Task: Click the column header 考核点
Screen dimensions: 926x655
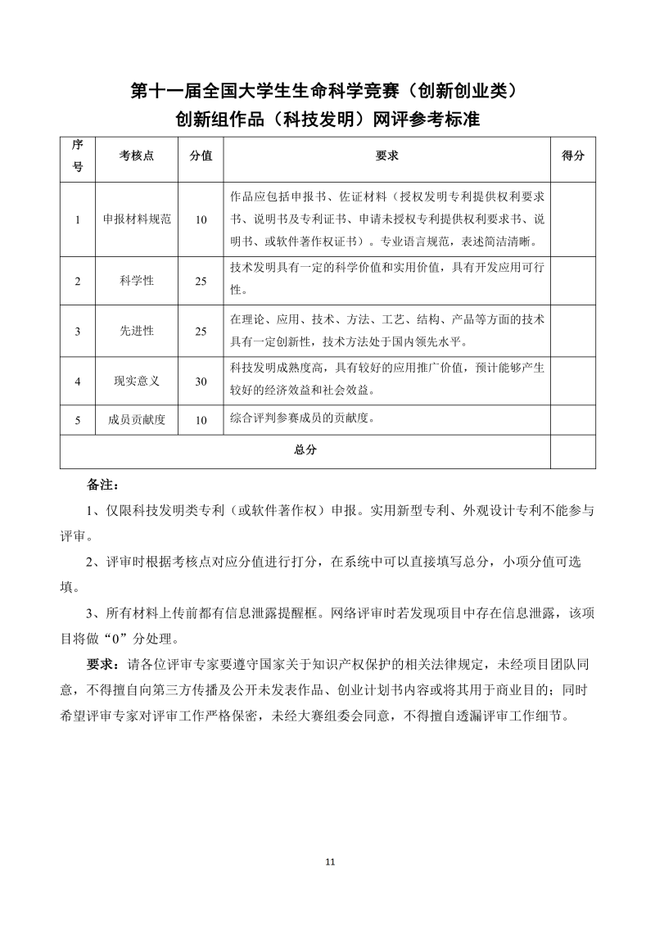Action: (136, 156)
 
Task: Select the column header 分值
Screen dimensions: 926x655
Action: (201, 156)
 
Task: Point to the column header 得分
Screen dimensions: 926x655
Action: (573, 156)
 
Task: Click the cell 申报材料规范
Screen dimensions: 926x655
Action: (137, 219)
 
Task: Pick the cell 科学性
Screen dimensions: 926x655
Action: (137, 281)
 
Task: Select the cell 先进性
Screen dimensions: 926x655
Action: (137, 331)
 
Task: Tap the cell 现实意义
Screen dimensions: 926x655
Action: (137, 381)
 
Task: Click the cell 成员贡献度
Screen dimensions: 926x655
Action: (137, 420)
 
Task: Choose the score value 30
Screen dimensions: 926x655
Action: (201, 381)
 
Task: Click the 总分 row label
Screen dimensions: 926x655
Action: (305, 450)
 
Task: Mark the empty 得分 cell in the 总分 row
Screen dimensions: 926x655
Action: (573, 451)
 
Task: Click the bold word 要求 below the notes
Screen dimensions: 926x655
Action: (102, 662)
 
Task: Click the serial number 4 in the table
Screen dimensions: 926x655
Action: (78, 381)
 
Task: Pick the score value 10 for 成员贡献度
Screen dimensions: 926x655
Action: (201, 420)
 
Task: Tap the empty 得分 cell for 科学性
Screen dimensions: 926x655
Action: (573, 281)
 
